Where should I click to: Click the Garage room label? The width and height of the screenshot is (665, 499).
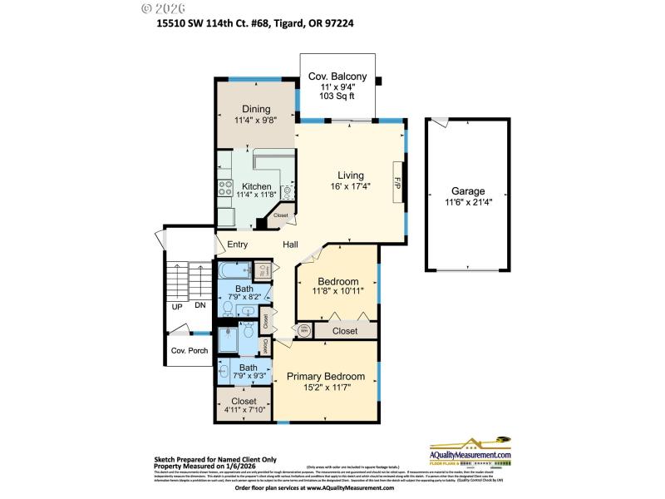point(468,191)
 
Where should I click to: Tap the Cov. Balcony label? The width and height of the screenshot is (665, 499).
point(337,77)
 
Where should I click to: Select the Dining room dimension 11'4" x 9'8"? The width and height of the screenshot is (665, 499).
point(256,120)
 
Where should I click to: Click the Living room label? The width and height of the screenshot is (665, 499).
point(351,175)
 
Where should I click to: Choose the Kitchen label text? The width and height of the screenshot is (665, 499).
point(257,185)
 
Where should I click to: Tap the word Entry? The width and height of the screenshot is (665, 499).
point(237,245)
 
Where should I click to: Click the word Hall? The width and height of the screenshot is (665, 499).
point(290,245)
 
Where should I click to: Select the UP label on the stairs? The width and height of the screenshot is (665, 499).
point(177,306)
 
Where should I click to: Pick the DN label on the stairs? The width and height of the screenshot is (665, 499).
point(199,306)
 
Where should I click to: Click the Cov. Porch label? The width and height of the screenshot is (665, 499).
point(190,350)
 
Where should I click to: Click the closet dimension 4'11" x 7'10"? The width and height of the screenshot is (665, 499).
point(244,409)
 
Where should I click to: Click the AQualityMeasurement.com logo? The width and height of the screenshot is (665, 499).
point(470,452)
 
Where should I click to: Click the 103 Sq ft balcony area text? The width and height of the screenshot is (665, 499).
point(337,96)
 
